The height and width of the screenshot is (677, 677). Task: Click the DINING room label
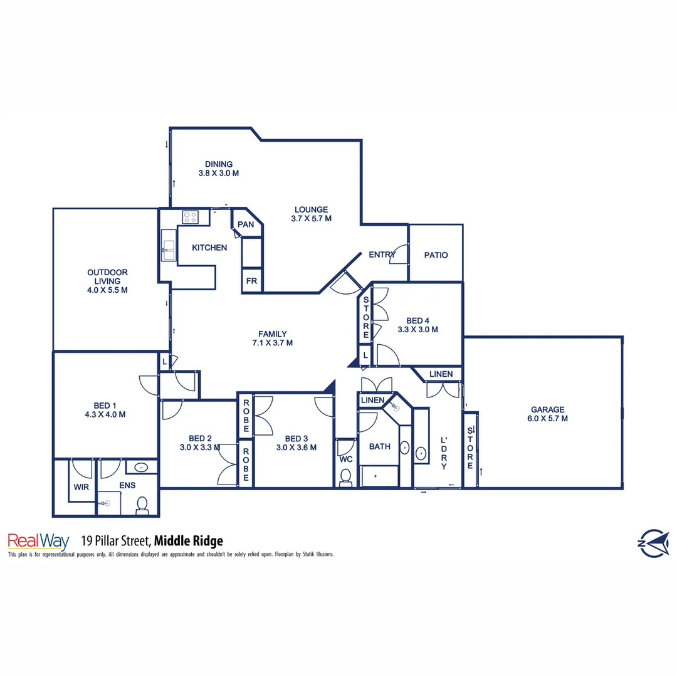[x=219, y=164]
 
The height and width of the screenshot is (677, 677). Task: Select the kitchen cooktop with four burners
[x=190, y=218]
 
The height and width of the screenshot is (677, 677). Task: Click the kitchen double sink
[x=168, y=245]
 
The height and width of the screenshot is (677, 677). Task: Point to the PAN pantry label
[x=246, y=224]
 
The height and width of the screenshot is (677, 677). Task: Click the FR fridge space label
[x=251, y=281]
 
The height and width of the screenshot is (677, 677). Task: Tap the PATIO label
[x=436, y=255]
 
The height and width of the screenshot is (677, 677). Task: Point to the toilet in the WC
[x=345, y=478]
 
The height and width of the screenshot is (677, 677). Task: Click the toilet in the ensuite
[x=142, y=505]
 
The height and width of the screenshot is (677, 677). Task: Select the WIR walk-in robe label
[x=81, y=486]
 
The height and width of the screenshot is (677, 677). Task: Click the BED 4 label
[x=417, y=321]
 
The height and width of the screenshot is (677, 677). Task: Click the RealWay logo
[x=37, y=540]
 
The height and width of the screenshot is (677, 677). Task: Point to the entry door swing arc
[x=398, y=256]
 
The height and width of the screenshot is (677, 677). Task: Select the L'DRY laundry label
[x=444, y=453]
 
